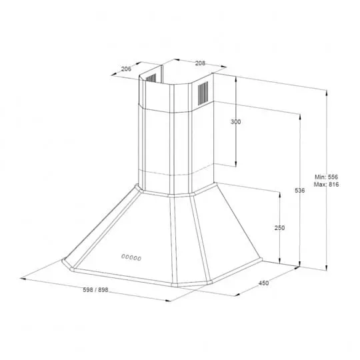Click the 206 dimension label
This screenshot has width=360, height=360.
[126, 69]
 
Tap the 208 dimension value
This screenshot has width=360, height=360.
[200, 63]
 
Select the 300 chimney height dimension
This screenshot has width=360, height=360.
[236, 122]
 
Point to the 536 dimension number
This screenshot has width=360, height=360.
[300, 190]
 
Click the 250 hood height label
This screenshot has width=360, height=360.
[279, 228]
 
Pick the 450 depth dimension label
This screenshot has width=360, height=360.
[263, 283]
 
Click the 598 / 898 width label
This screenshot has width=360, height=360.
[95, 290]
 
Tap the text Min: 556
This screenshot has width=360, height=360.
[326, 177]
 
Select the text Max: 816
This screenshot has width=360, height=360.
[326, 185]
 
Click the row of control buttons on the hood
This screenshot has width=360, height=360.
[131, 257]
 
